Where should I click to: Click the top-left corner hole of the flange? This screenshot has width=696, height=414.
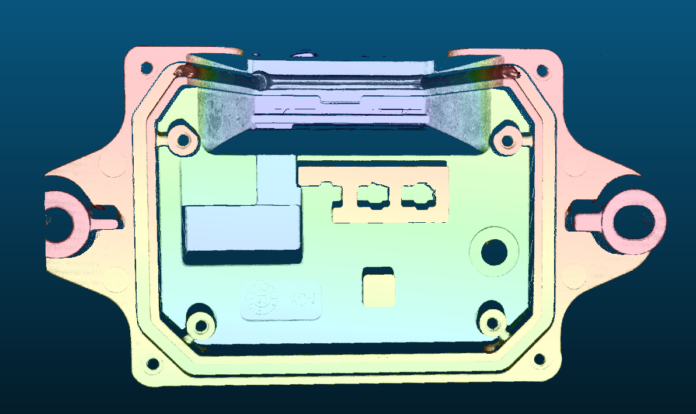pos(145,68)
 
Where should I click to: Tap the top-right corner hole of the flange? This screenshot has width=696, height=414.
pos(542,71)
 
